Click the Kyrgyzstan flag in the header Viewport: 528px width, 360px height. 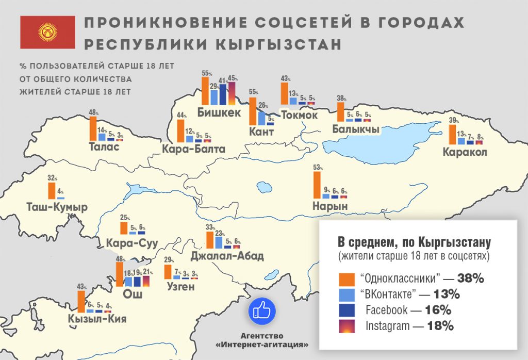(x=47, y=32)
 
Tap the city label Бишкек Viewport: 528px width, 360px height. (x=219, y=112)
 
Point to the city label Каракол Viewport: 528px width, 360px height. (x=465, y=153)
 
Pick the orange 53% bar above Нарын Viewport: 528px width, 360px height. (x=317, y=185)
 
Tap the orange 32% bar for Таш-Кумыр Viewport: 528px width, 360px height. (x=52, y=190)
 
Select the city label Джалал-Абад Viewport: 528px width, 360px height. (x=227, y=256)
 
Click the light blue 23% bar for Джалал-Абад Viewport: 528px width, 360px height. (x=219, y=242)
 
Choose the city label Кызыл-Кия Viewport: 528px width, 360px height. (x=97, y=319)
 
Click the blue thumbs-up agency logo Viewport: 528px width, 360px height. (x=262, y=311)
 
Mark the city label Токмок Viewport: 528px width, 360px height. (x=300, y=114)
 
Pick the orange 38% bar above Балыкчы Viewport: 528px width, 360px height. (x=340, y=112)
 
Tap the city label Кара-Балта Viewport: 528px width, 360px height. (x=193, y=150)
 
